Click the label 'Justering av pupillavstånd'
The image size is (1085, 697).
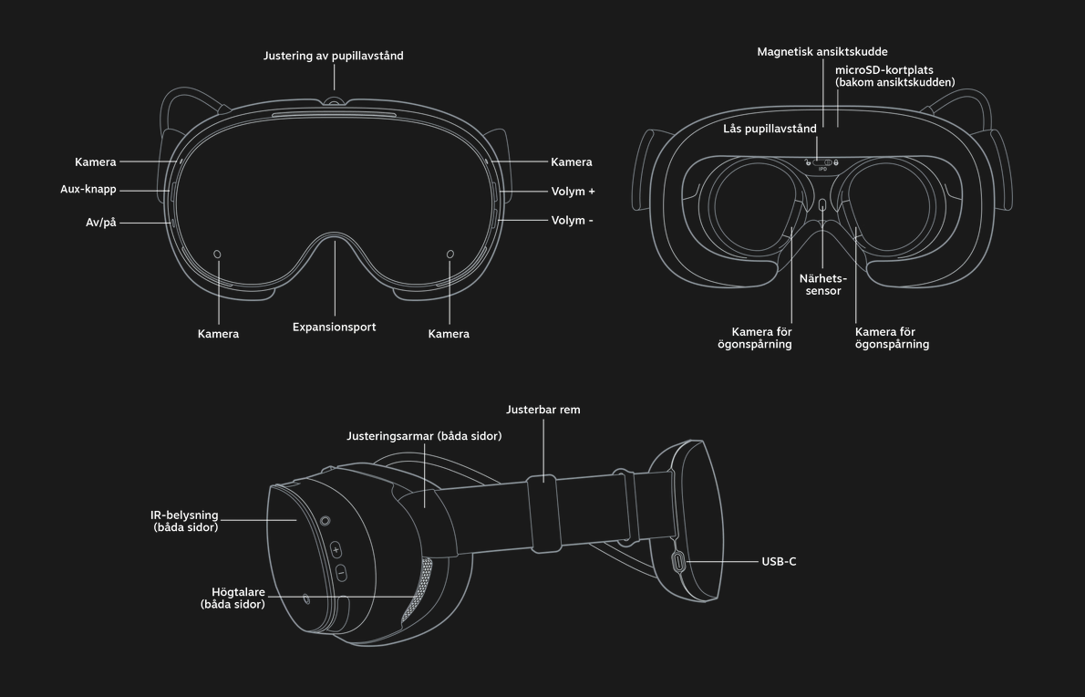click(x=333, y=56)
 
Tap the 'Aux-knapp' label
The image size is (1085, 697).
click(x=88, y=190)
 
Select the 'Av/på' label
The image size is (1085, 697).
click(x=101, y=223)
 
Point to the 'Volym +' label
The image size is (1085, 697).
click(x=573, y=192)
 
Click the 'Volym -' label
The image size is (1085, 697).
click(x=573, y=221)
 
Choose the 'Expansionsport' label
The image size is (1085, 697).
click(x=335, y=328)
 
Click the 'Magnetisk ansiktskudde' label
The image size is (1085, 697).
click(x=822, y=52)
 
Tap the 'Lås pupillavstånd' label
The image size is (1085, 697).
click(x=770, y=129)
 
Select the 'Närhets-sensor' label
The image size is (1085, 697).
click(x=822, y=285)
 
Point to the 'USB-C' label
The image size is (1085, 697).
click(x=779, y=561)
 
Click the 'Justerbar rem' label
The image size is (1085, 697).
click(x=543, y=410)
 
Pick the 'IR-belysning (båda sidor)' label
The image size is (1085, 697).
click(x=185, y=521)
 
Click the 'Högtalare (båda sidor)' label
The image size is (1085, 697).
click(x=232, y=598)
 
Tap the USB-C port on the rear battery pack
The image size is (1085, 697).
click(x=678, y=561)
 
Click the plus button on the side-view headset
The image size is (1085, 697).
click(x=336, y=550)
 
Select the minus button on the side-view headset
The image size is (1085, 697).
click(x=340, y=573)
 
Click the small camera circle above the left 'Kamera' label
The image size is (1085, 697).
click(x=217, y=254)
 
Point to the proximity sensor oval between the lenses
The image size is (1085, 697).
click(x=822, y=205)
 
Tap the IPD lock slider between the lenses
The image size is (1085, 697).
click(x=822, y=162)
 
